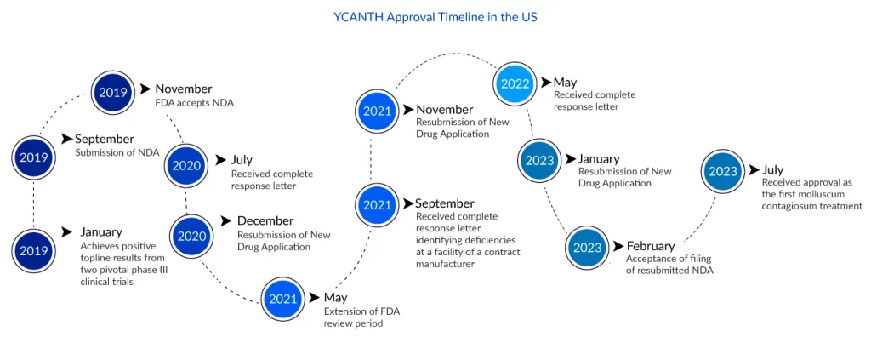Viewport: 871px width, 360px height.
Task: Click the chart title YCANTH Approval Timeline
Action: (x=435, y=17)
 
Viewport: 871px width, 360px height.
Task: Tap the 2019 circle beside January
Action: (x=34, y=250)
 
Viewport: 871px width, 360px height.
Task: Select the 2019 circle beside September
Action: (x=34, y=157)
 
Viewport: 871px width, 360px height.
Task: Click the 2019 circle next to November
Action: (x=113, y=92)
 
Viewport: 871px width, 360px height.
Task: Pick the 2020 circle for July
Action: (x=186, y=166)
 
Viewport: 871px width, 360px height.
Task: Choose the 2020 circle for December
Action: (x=192, y=237)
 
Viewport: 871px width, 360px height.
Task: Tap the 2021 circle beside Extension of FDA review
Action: (x=283, y=300)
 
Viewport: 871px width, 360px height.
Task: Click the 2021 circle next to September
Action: (x=377, y=205)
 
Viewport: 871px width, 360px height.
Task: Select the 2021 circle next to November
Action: (x=377, y=111)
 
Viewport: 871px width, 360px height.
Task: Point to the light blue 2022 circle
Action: (x=516, y=84)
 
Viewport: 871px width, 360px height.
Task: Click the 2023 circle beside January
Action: (x=540, y=161)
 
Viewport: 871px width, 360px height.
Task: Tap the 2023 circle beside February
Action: (x=587, y=248)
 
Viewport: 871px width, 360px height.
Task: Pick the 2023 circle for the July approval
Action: (x=723, y=171)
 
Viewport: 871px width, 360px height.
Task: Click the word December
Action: (x=265, y=221)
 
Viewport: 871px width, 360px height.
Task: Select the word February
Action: (x=651, y=246)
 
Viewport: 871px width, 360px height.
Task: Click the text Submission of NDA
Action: (x=117, y=153)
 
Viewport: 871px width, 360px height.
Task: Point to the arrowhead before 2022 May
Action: (x=546, y=83)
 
